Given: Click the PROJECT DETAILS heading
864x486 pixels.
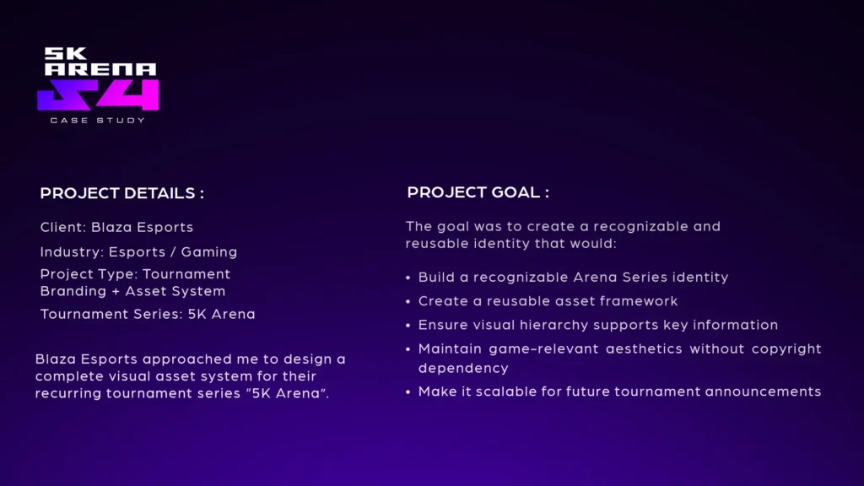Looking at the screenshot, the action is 121,193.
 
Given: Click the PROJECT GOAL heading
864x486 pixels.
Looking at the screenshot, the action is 478,192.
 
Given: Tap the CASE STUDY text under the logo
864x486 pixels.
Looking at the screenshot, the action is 98,120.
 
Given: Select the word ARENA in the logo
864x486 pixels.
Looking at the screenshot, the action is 101,69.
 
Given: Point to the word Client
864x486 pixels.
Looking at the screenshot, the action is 62,227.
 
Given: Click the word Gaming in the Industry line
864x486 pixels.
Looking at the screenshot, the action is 209,251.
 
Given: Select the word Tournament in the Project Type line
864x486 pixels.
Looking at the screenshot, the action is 186,274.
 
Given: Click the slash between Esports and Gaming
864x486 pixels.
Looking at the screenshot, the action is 173,251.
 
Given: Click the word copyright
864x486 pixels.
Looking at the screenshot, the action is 786,348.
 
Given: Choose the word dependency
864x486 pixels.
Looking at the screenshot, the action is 463,368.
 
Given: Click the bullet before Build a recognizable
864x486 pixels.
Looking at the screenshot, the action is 408,278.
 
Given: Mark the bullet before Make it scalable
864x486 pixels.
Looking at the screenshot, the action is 408,392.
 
